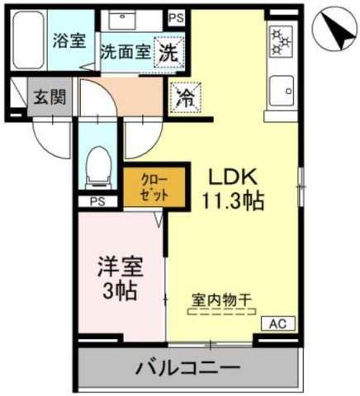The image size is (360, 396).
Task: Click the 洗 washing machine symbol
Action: pyautogui.click(x=168, y=50)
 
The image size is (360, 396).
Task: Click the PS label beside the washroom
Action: pyautogui.click(x=176, y=16)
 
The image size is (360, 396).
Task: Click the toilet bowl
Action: pyautogui.click(x=98, y=163)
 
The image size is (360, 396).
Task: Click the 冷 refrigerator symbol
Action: pyautogui.click(x=186, y=97)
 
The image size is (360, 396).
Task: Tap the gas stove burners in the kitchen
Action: pyautogui.click(x=281, y=39)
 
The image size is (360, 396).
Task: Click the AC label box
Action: pyautogui.click(x=277, y=324)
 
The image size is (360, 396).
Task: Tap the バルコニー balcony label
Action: pyautogui.click(x=187, y=365)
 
